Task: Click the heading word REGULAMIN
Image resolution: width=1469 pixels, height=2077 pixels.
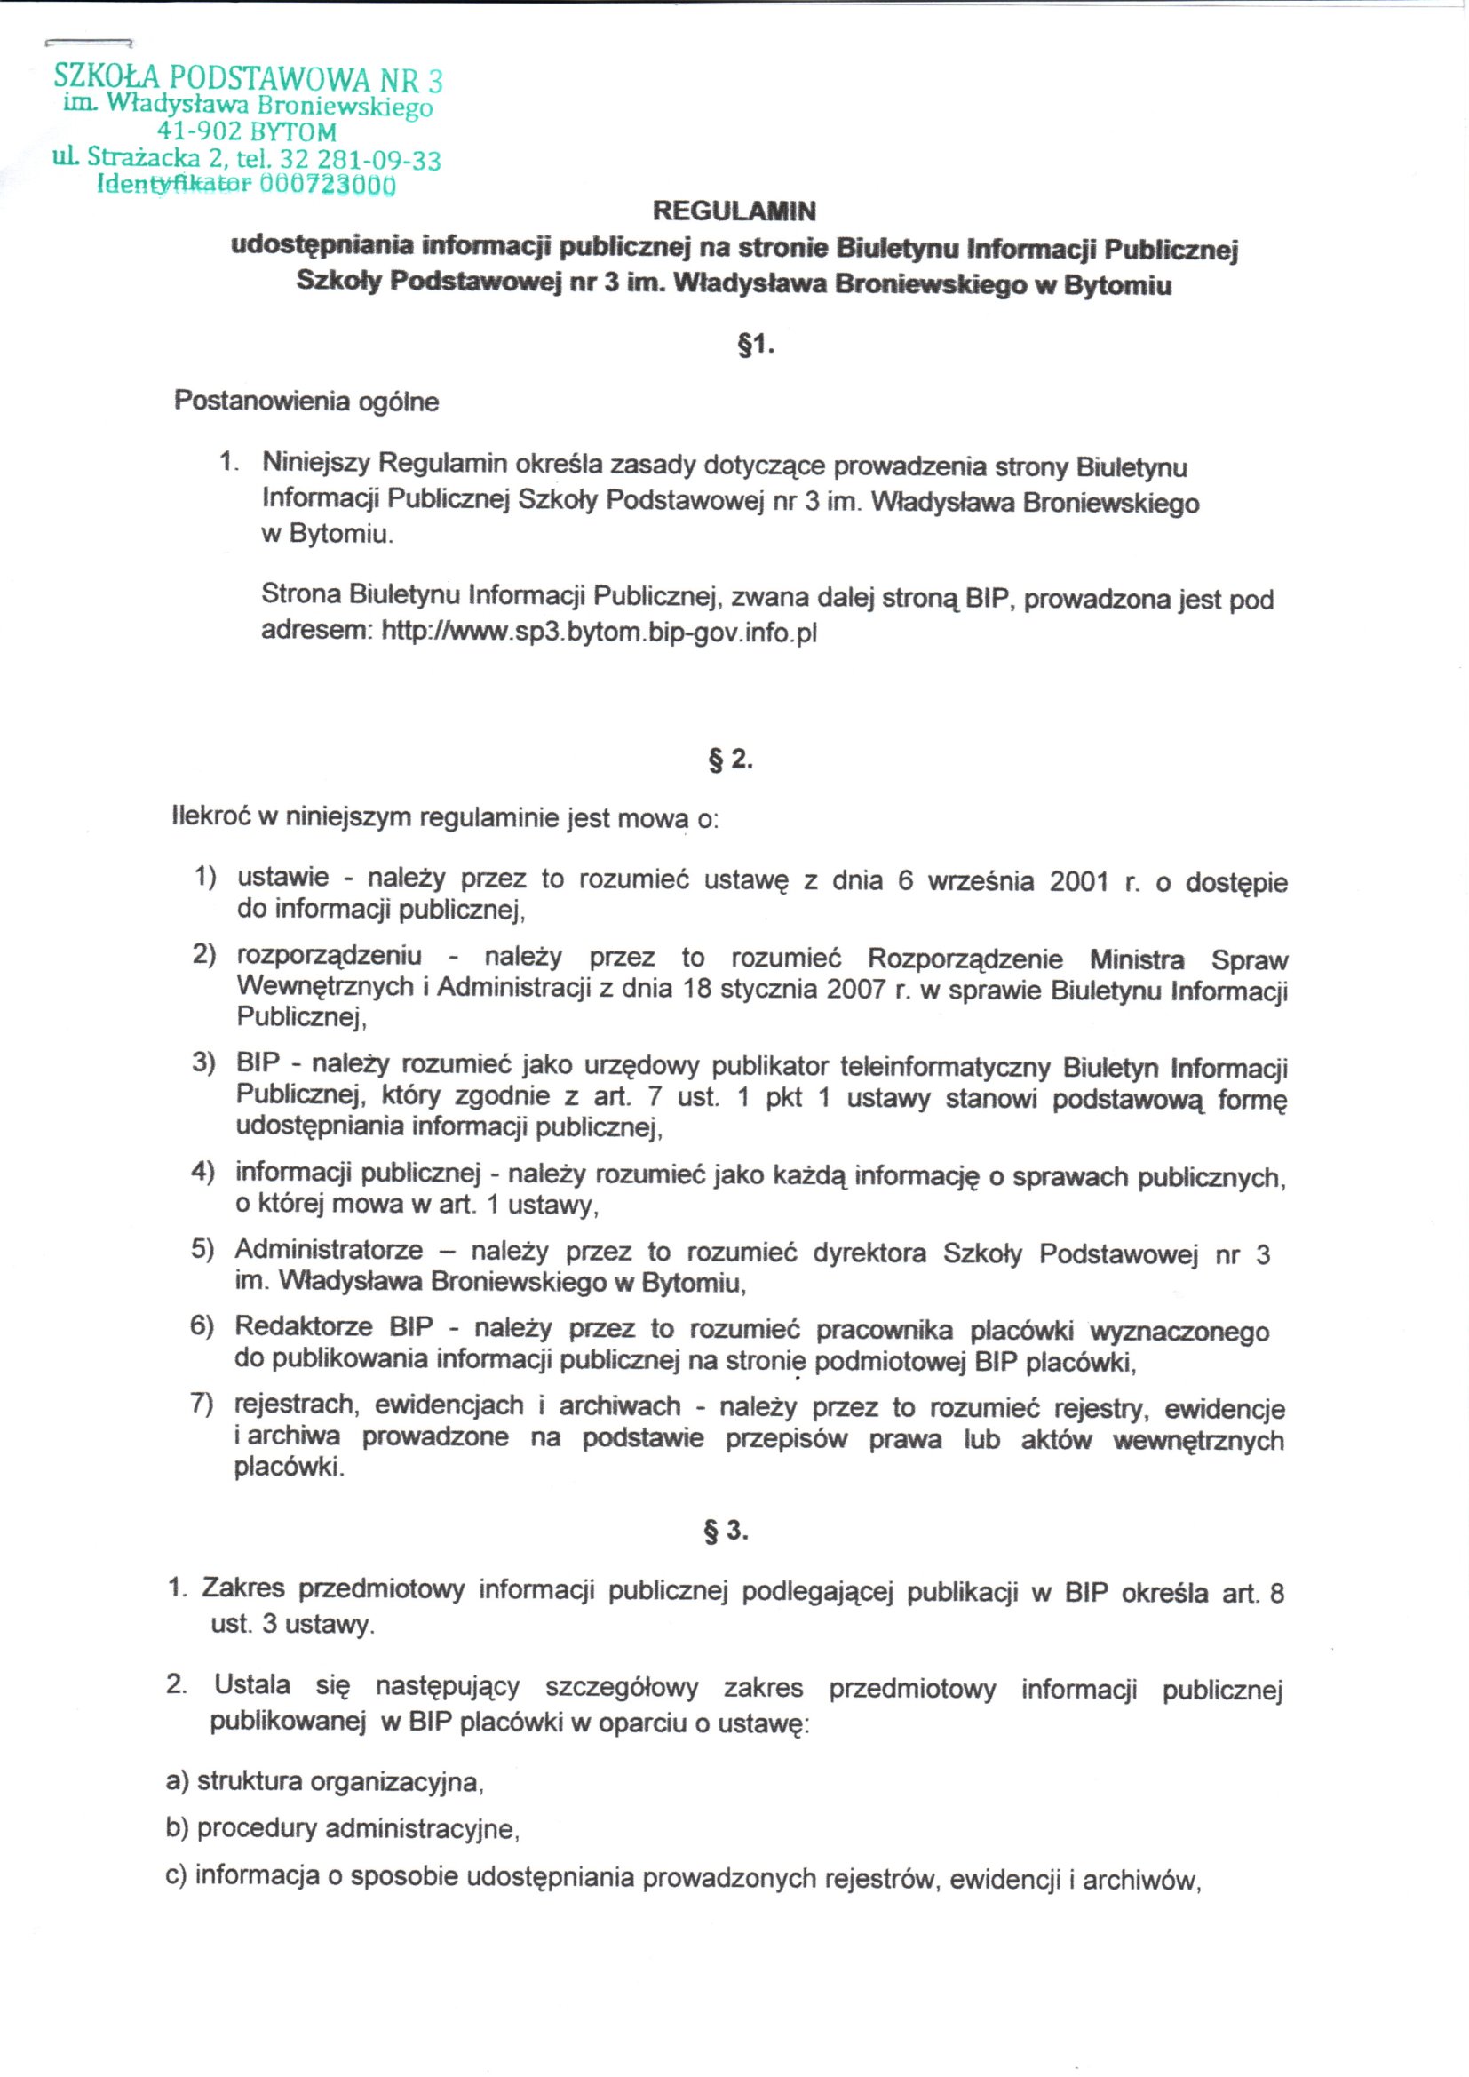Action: tap(734, 211)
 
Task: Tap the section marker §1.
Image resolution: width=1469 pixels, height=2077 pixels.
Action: tap(756, 346)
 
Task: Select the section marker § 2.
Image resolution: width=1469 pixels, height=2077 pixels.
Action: tap(730, 759)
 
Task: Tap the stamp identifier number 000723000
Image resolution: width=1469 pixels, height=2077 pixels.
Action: tap(328, 186)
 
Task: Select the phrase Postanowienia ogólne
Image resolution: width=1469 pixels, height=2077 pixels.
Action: tap(306, 401)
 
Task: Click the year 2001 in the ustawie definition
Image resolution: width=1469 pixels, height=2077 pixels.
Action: tap(1078, 881)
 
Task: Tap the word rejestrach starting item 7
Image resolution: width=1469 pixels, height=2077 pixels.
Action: tap(296, 1404)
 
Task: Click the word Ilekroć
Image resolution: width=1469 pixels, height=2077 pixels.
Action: tap(210, 817)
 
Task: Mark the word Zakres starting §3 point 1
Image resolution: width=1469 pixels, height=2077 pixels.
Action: tap(242, 1588)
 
